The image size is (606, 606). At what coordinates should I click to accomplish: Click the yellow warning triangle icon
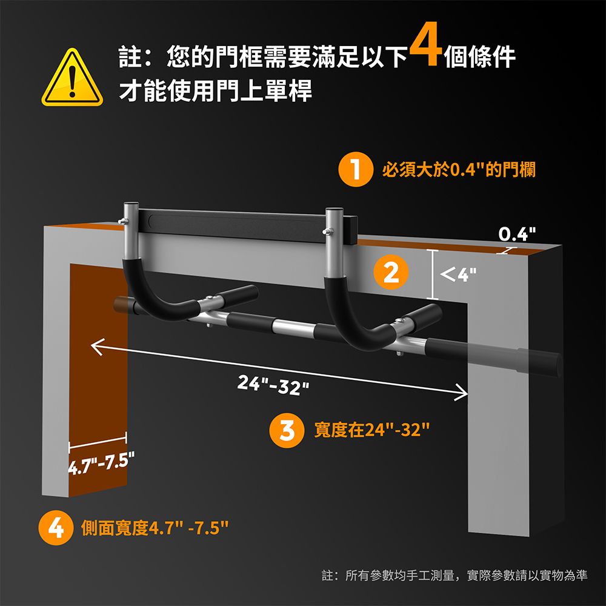pyautogui.click(x=72, y=78)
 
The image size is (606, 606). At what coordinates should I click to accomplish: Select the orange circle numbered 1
pyautogui.click(x=356, y=170)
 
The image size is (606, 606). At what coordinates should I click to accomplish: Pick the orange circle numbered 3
pyautogui.click(x=287, y=430)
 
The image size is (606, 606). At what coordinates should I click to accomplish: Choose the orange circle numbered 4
pyautogui.click(x=56, y=528)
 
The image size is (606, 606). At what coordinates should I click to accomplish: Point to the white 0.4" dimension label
pyautogui.click(x=517, y=234)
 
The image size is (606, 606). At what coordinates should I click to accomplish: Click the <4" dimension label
pyautogui.click(x=458, y=275)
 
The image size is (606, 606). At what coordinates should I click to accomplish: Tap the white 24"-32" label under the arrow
pyautogui.click(x=273, y=385)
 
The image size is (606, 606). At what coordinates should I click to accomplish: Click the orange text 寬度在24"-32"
pyautogui.click(x=372, y=430)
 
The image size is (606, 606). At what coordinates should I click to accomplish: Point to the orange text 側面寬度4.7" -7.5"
pyautogui.click(x=155, y=528)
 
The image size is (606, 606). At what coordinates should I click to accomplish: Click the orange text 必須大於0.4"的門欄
pyautogui.click(x=459, y=170)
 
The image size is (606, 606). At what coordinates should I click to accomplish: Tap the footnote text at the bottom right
pyautogui.click(x=454, y=575)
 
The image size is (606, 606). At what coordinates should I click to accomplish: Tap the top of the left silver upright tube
pyautogui.click(x=131, y=204)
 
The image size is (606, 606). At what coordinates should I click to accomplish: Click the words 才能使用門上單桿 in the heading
pyautogui.click(x=215, y=91)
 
